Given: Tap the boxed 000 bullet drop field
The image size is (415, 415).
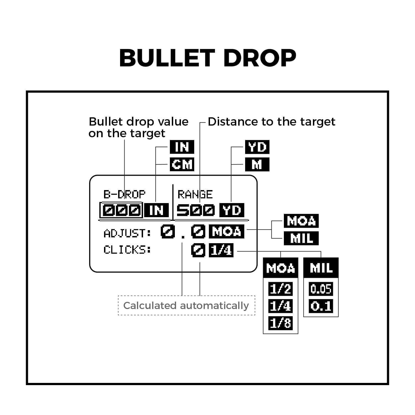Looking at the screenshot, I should [121, 211].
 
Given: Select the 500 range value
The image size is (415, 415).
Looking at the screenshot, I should [196, 211].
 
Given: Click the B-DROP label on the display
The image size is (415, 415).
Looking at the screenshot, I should [124, 194].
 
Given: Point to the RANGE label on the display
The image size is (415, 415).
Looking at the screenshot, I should [195, 194].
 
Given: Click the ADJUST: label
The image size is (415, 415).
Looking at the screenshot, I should [127, 234].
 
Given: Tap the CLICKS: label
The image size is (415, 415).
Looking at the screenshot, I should [127, 250].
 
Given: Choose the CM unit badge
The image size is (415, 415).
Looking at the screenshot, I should [182, 164].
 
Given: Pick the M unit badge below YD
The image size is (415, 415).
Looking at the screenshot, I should [257, 164].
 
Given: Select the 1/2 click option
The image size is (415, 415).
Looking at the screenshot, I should [280, 289].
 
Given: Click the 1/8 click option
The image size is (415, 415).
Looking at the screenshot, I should [280, 323].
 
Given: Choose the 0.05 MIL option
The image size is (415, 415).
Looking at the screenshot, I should [321, 289].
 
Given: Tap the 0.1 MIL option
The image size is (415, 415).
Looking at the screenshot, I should [321, 306].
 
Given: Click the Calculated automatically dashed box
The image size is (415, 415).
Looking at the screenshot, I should [186, 305].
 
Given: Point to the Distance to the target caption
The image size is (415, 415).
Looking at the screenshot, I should [271, 122].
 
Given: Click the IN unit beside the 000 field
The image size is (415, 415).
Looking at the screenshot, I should [157, 211].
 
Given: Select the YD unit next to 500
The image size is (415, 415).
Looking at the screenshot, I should [232, 211].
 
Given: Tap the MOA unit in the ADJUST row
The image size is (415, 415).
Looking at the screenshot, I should [226, 231].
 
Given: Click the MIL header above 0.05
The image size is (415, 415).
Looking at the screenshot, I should [321, 268].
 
